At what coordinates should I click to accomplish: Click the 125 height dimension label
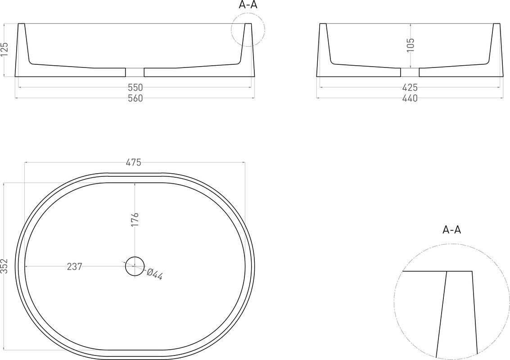coord(5,49)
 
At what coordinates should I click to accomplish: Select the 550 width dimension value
coord(135,87)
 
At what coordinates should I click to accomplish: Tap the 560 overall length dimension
coord(135,98)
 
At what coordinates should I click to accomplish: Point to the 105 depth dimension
coord(411,45)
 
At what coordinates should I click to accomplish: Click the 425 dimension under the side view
coord(410,87)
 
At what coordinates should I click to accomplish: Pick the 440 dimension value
coord(410,98)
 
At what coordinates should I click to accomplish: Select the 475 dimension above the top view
coord(134,162)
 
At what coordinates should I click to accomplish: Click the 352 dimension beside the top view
coord(4,266)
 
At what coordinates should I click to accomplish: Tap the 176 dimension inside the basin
coord(135,220)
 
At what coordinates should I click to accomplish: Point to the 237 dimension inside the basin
coord(74,267)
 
